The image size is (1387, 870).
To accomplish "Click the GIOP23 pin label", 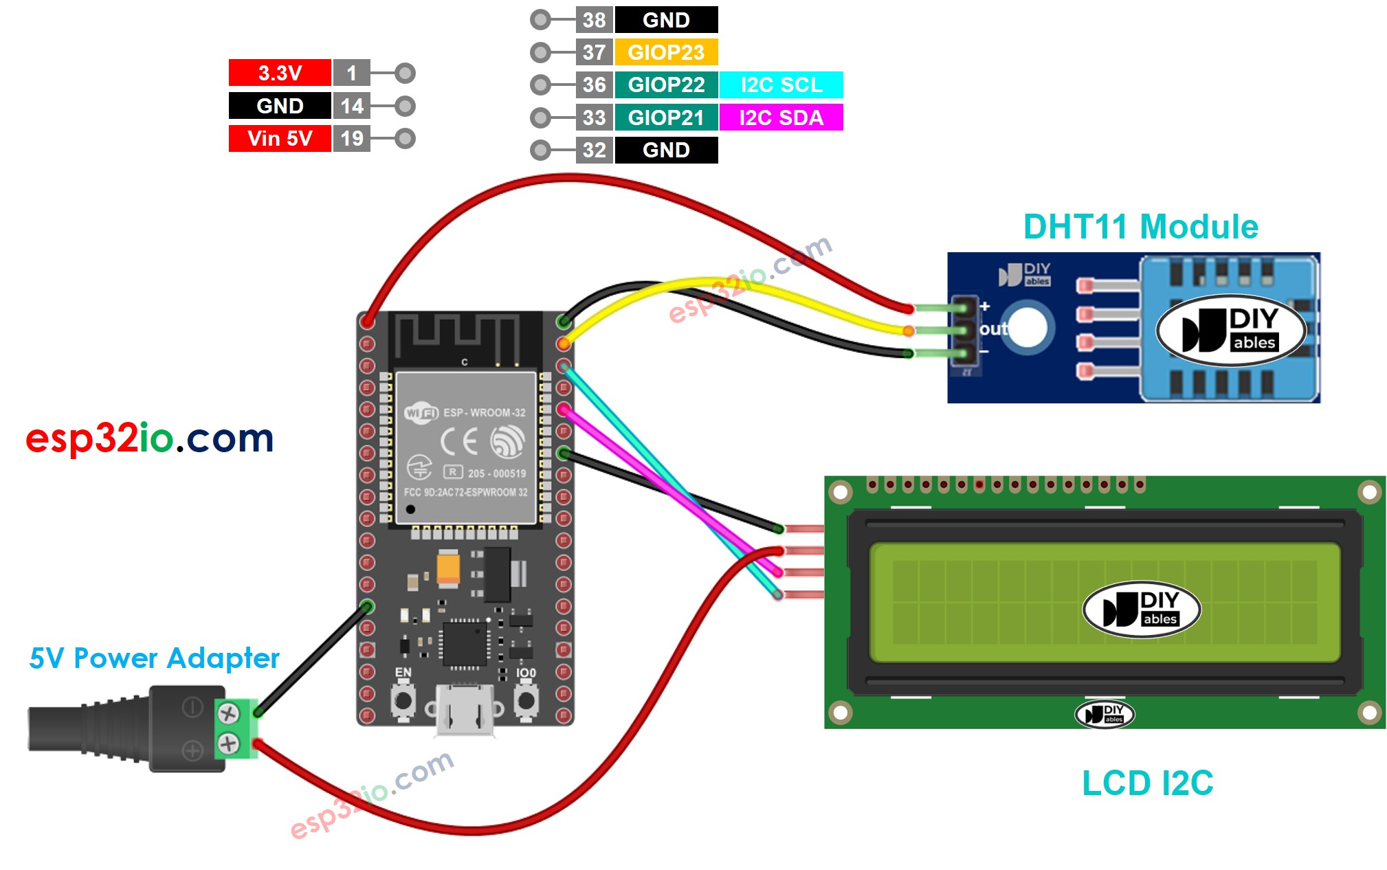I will (x=665, y=52).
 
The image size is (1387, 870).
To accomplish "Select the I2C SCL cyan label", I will (x=781, y=85).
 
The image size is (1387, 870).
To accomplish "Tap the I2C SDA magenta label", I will (x=781, y=118).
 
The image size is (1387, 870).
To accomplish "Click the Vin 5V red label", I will (x=280, y=138).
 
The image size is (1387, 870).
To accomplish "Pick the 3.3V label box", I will (x=280, y=73).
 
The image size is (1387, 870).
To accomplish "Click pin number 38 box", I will (x=594, y=20).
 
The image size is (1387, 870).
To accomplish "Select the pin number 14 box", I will (x=352, y=106).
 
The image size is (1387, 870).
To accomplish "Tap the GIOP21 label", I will (x=665, y=118).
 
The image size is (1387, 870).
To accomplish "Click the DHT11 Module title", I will (x=1140, y=227).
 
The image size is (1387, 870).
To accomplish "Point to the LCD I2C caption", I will (x=1147, y=783).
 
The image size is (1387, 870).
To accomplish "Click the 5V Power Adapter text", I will (x=154, y=658).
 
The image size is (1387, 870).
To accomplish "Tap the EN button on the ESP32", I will (x=403, y=701).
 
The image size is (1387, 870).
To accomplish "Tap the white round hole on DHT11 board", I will (x=1027, y=328).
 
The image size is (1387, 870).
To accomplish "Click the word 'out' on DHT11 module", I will (x=993, y=329).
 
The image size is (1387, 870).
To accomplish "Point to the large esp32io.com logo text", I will (x=149, y=438).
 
